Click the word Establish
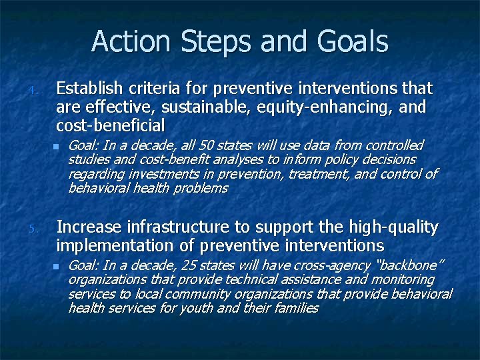pos(90,88)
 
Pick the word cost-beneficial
pos(110,125)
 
